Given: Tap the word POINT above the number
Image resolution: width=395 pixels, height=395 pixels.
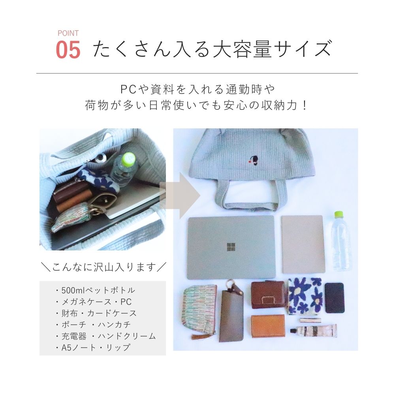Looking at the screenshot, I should point(68,33).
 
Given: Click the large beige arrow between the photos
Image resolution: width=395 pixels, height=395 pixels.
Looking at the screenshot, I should point(180,194).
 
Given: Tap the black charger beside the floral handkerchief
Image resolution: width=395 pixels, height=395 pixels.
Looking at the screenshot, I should point(334,298).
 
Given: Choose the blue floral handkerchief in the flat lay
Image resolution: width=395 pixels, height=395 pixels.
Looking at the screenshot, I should point(305,296).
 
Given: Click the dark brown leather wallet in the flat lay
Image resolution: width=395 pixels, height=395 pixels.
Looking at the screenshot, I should point(268,295).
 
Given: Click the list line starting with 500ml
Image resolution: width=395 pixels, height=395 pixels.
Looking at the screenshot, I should point(95,290).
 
